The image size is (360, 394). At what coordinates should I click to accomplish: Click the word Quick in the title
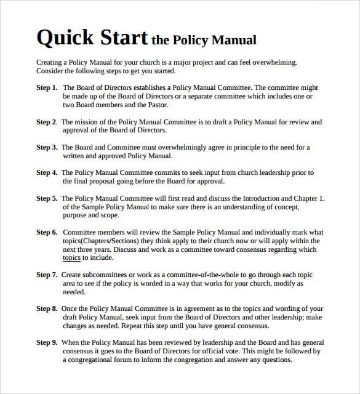(x=64, y=38)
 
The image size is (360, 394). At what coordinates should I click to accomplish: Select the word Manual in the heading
(x=234, y=41)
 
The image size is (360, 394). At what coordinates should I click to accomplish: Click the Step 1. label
(x=47, y=88)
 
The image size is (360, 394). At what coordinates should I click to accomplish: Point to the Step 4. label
(x=47, y=173)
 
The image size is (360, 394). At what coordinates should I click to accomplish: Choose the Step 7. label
(x=47, y=275)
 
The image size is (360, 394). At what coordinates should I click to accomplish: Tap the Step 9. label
(x=47, y=342)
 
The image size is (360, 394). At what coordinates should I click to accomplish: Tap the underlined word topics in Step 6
(x=72, y=258)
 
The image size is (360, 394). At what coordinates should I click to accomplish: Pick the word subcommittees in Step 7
(x=108, y=275)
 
